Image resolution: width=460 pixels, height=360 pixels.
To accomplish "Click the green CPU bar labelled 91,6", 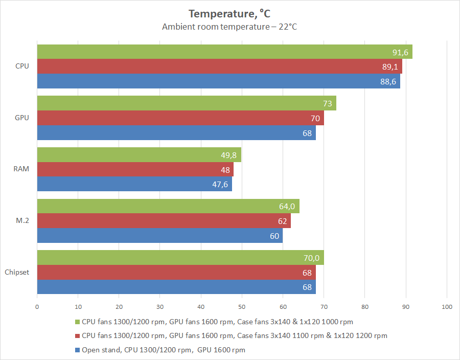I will coord(225,52).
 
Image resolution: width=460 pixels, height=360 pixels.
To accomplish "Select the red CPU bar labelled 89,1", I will coord(220,66).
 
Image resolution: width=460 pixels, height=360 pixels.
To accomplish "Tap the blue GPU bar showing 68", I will coord(176,133).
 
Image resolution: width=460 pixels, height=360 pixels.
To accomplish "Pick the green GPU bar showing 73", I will coord(187,103).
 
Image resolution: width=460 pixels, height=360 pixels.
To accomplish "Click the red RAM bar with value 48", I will coord(135,169).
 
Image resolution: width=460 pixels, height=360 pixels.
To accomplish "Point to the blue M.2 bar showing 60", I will coord(160,236).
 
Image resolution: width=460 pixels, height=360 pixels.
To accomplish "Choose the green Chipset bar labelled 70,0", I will coord(180,257).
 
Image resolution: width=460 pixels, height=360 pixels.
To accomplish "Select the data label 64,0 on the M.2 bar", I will coord(286,207).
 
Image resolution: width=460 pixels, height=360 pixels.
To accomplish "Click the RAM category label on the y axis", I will coord(22,169).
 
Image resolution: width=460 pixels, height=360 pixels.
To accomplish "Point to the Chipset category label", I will coord(17,272).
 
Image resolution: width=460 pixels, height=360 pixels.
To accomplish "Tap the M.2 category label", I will coord(22,221).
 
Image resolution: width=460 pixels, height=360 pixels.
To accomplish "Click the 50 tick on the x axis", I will coord(242,307).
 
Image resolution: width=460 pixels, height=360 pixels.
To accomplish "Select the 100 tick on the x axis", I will coord(447,307).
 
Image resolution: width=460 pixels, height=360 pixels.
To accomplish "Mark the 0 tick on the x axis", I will coord(37,307).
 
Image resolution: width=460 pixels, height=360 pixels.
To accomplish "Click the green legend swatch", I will coord(77,322).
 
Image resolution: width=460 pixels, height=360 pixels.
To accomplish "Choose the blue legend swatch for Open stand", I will coord(77,350).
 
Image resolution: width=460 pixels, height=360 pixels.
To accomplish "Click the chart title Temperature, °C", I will coord(229,13).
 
